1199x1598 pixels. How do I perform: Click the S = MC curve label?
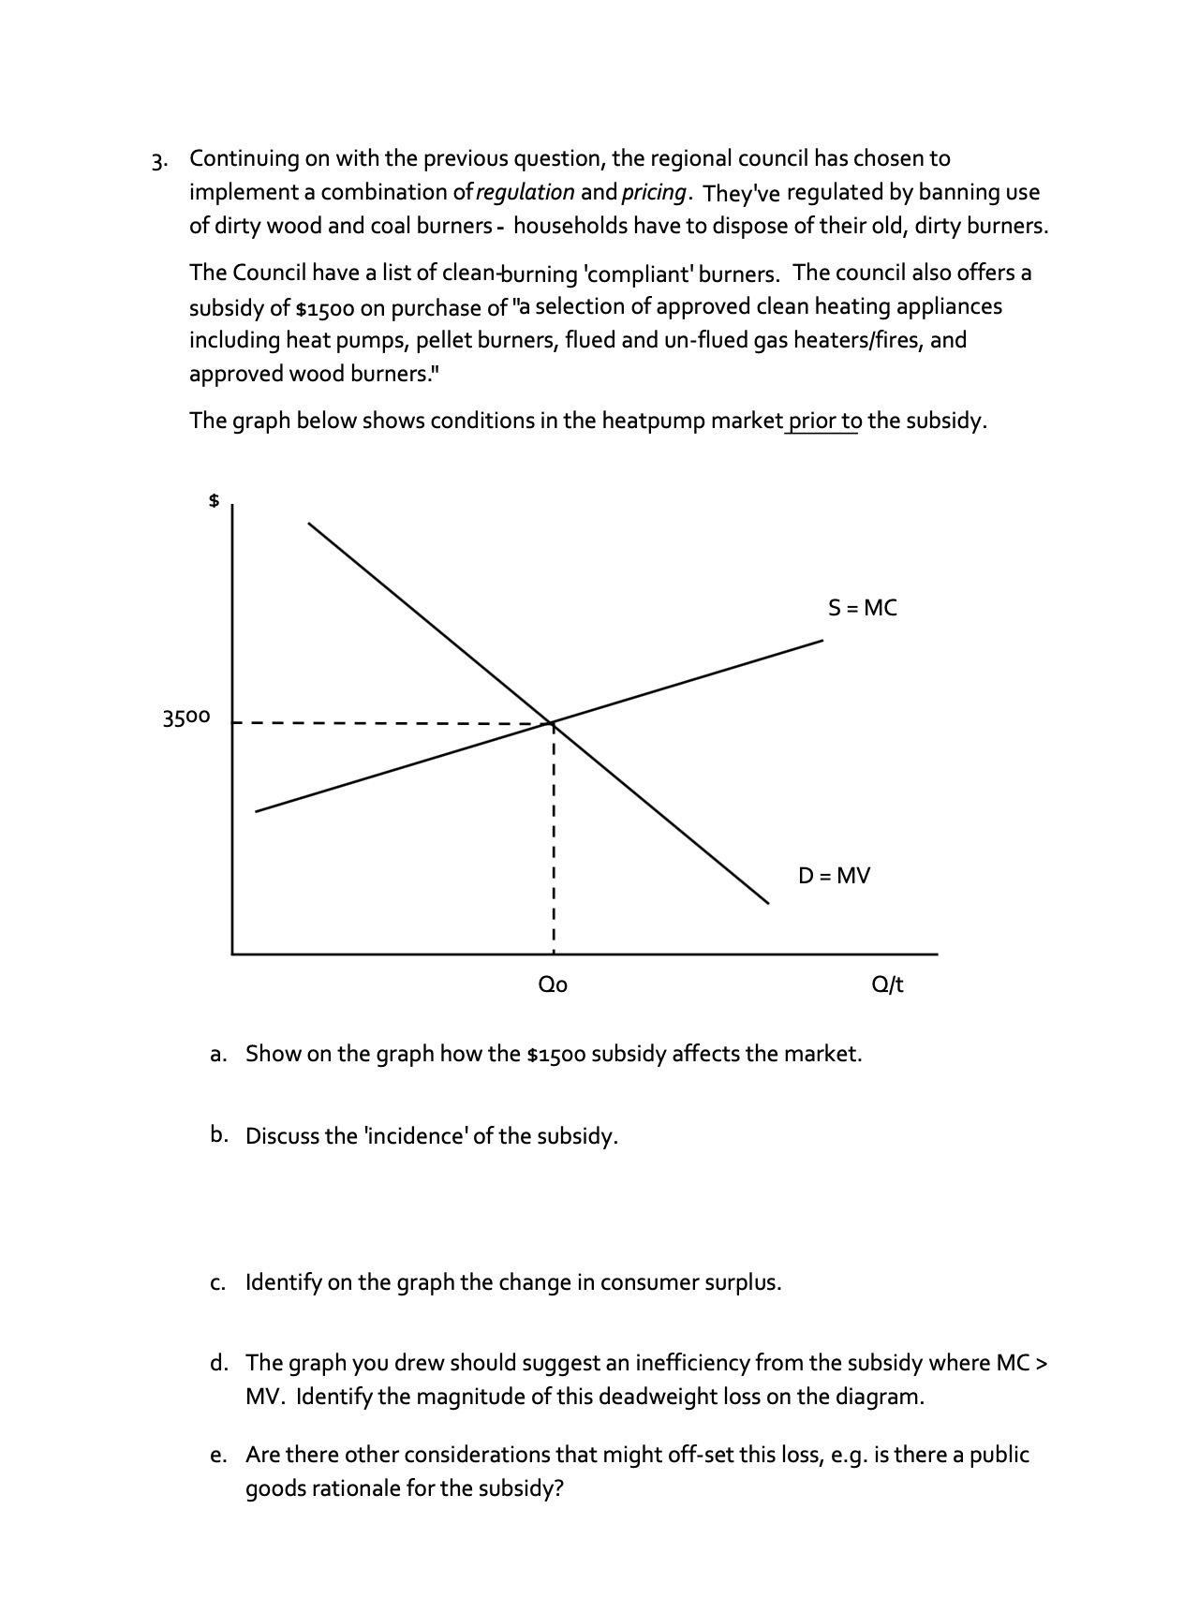point(862,608)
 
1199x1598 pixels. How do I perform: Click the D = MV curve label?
point(834,876)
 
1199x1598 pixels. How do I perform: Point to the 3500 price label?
point(186,718)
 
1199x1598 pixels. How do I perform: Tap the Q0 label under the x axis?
point(553,984)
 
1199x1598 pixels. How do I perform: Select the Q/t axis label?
point(887,984)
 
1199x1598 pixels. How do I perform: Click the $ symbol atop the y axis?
point(214,501)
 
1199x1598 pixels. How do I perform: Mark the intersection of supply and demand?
point(554,722)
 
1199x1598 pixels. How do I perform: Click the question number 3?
point(160,160)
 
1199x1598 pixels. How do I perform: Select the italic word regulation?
point(525,192)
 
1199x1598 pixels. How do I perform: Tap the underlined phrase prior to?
point(823,421)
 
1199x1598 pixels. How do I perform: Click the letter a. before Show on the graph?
point(217,1055)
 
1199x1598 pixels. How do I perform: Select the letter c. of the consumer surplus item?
point(217,1282)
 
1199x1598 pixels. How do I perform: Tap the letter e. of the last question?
point(217,1456)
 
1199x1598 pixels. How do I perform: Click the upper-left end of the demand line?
point(309,524)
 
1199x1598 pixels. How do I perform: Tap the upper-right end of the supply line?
point(822,641)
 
